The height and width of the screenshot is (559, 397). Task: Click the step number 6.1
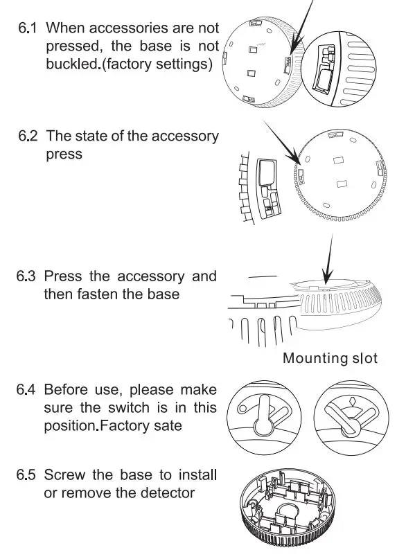click(x=29, y=28)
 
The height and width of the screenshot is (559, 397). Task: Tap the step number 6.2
click(x=29, y=136)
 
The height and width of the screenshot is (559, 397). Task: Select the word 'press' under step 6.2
click(x=64, y=154)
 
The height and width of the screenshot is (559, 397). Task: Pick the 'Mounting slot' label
click(x=330, y=358)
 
